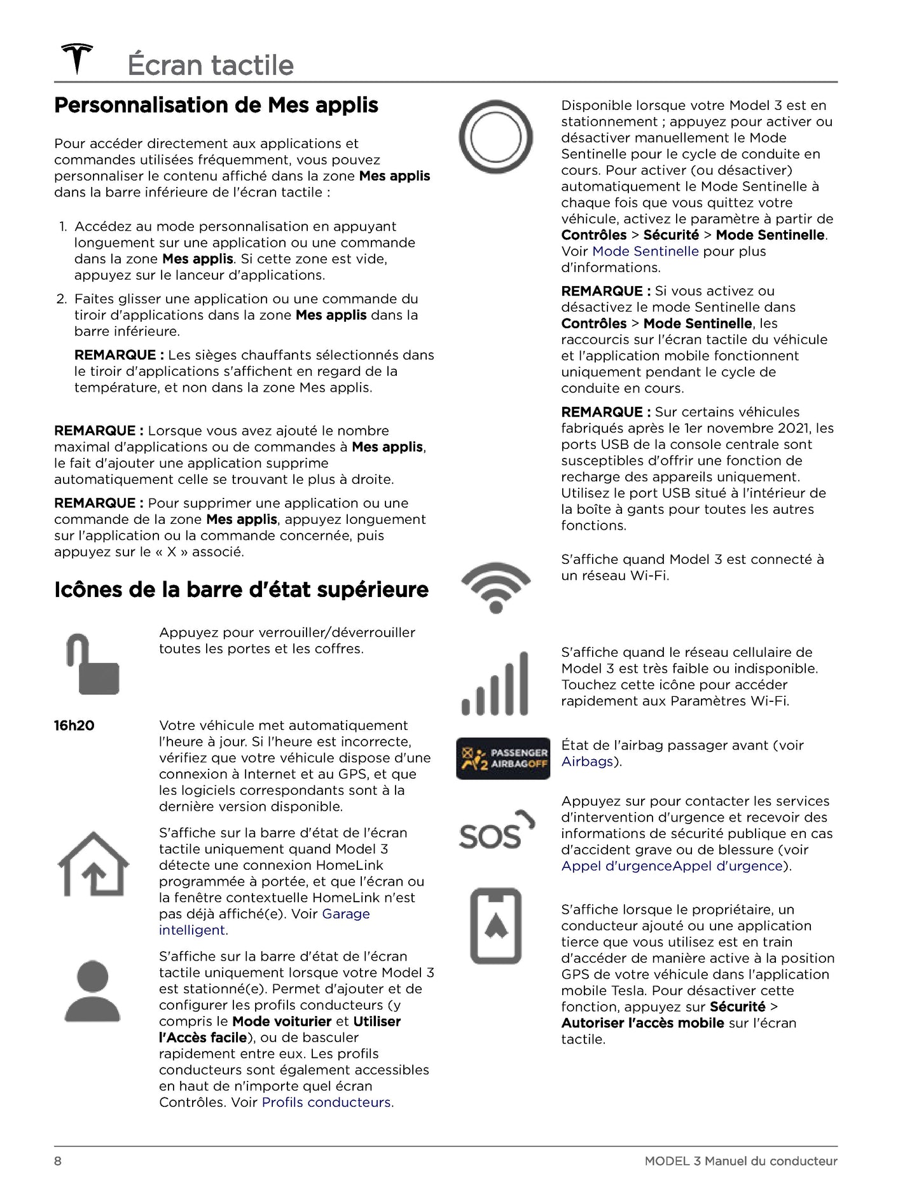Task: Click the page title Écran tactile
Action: (x=211, y=65)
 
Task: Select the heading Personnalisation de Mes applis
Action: (x=216, y=105)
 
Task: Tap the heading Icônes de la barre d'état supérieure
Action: (x=241, y=589)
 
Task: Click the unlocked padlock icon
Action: (x=93, y=664)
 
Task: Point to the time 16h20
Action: (x=74, y=725)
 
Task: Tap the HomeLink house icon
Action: (x=93, y=864)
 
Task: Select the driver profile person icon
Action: (x=93, y=991)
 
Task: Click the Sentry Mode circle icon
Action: (x=495, y=137)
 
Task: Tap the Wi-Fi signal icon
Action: (x=495, y=586)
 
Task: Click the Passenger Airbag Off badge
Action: (x=502, y=758)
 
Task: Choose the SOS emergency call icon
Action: (x=497, y=830)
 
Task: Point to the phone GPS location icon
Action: (x=495, y=925)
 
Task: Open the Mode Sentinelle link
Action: (x=645, y=251)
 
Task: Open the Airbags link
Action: (x=587, y=762)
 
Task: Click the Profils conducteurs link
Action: (x=328, y=1103)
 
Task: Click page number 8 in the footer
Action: (x=58, y=1161)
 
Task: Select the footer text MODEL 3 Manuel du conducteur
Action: (x=740, y=1161)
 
